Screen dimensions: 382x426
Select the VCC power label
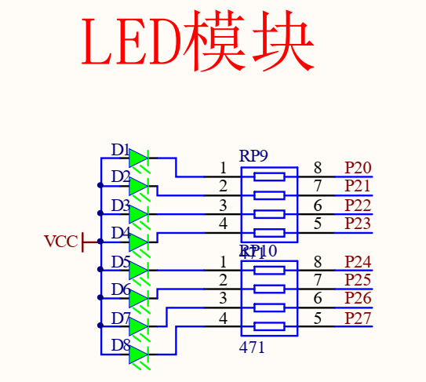(60, 242)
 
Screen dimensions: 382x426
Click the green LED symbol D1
(138, 158)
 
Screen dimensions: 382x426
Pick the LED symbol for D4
(138, 242)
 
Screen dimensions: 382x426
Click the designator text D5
(121, 261)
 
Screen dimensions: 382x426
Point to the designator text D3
(121, 206)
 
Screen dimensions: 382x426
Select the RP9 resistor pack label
(253, 156)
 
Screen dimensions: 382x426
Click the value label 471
(252, 347)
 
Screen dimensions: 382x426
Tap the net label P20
(358, 168)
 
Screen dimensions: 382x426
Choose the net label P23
(358, 224)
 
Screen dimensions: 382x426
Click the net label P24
(358, 261)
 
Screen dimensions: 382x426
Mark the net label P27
(358, 318)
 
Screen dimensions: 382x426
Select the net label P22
(358, 205)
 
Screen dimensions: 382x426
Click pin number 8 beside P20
(317, 168)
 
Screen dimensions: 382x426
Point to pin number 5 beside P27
(317, 318)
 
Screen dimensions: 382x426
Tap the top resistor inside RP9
(269, 176)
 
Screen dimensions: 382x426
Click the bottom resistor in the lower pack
(269, 326)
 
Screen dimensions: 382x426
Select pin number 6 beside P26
(317, 299)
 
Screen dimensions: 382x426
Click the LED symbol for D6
(138, 298)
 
